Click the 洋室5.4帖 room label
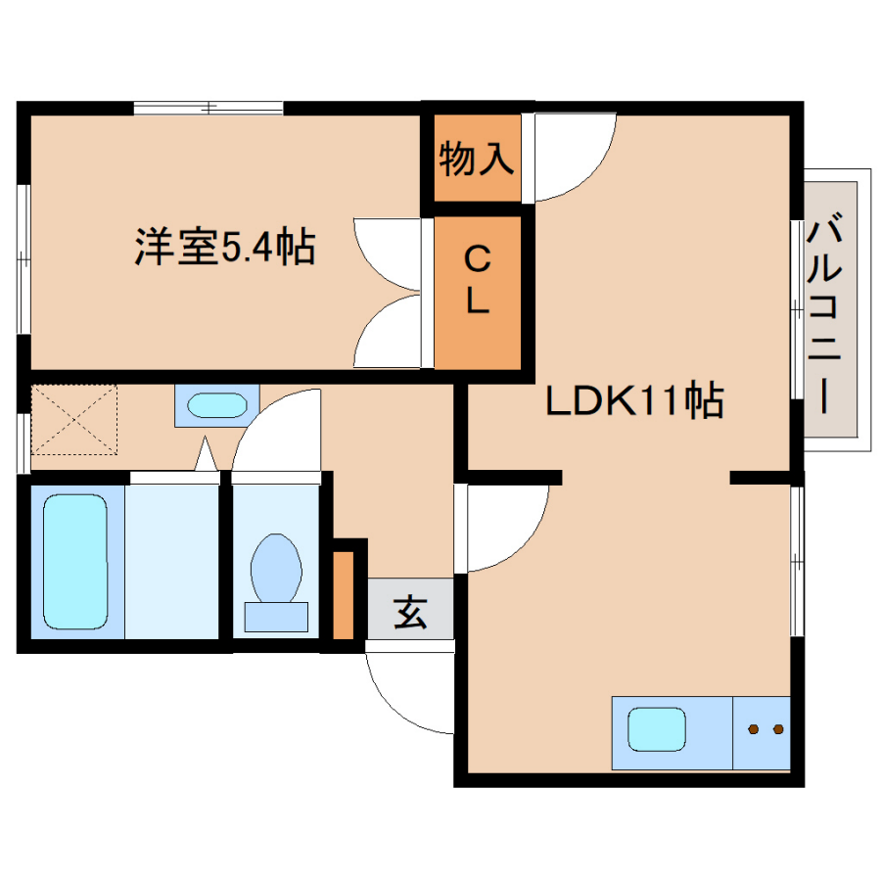225,246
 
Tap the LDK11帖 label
634,400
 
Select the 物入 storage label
477,159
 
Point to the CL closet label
477,281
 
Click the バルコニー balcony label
824,312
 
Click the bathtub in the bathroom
75,562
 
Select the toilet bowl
276,568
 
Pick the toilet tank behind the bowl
276,617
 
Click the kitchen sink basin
657,729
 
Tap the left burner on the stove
754,729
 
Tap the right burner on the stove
778,729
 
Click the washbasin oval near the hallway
217,405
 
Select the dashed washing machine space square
73,419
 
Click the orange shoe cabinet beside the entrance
344,595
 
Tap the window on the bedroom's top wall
209,108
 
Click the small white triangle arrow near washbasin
206,454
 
